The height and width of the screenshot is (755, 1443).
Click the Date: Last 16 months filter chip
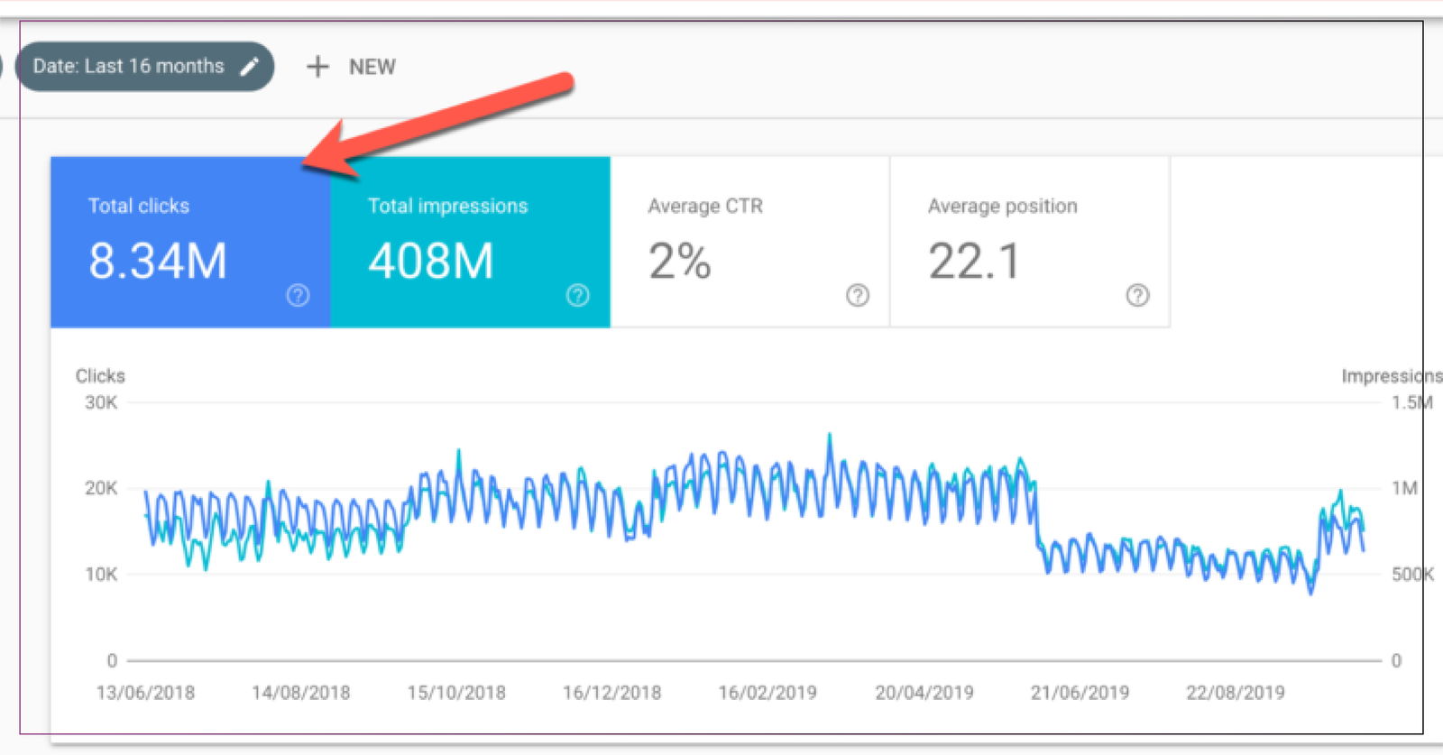click(x=129, y=67)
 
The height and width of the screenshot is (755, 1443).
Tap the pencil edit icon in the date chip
click(x=250, y=67)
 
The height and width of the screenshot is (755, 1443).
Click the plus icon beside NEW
click(x=317, y=67)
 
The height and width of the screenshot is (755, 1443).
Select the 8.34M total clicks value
click(x=158, y=262)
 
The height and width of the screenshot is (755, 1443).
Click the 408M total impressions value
click(x=431, y=262)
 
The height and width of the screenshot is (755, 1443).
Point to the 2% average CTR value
click(x=680, y=262)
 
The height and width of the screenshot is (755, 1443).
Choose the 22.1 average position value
click(x=974, y=262)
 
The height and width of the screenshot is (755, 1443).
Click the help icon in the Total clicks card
click(x=298, y=295)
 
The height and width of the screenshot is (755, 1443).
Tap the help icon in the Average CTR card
click(x=858, y=295)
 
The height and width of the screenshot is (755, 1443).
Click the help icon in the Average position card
click(x=1137, y=295)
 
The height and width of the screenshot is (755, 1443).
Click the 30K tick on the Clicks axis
click(x=101, y=402)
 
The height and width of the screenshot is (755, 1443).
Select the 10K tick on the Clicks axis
click(x=101, y=574)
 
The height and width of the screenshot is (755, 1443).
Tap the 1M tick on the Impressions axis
click(x=1404, y=488)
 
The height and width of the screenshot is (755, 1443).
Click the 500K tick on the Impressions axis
click(x=1411, y=574)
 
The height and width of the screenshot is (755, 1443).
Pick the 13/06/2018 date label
click(x=145, y=693)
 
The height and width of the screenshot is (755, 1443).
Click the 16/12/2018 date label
click(x=611, y=693)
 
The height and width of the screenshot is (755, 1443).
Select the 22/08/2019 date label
click(x=1235, y=693)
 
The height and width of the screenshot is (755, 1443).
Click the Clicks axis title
click(x=100, y=376)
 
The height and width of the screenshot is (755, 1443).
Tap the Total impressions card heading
click(x=447, y=207)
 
